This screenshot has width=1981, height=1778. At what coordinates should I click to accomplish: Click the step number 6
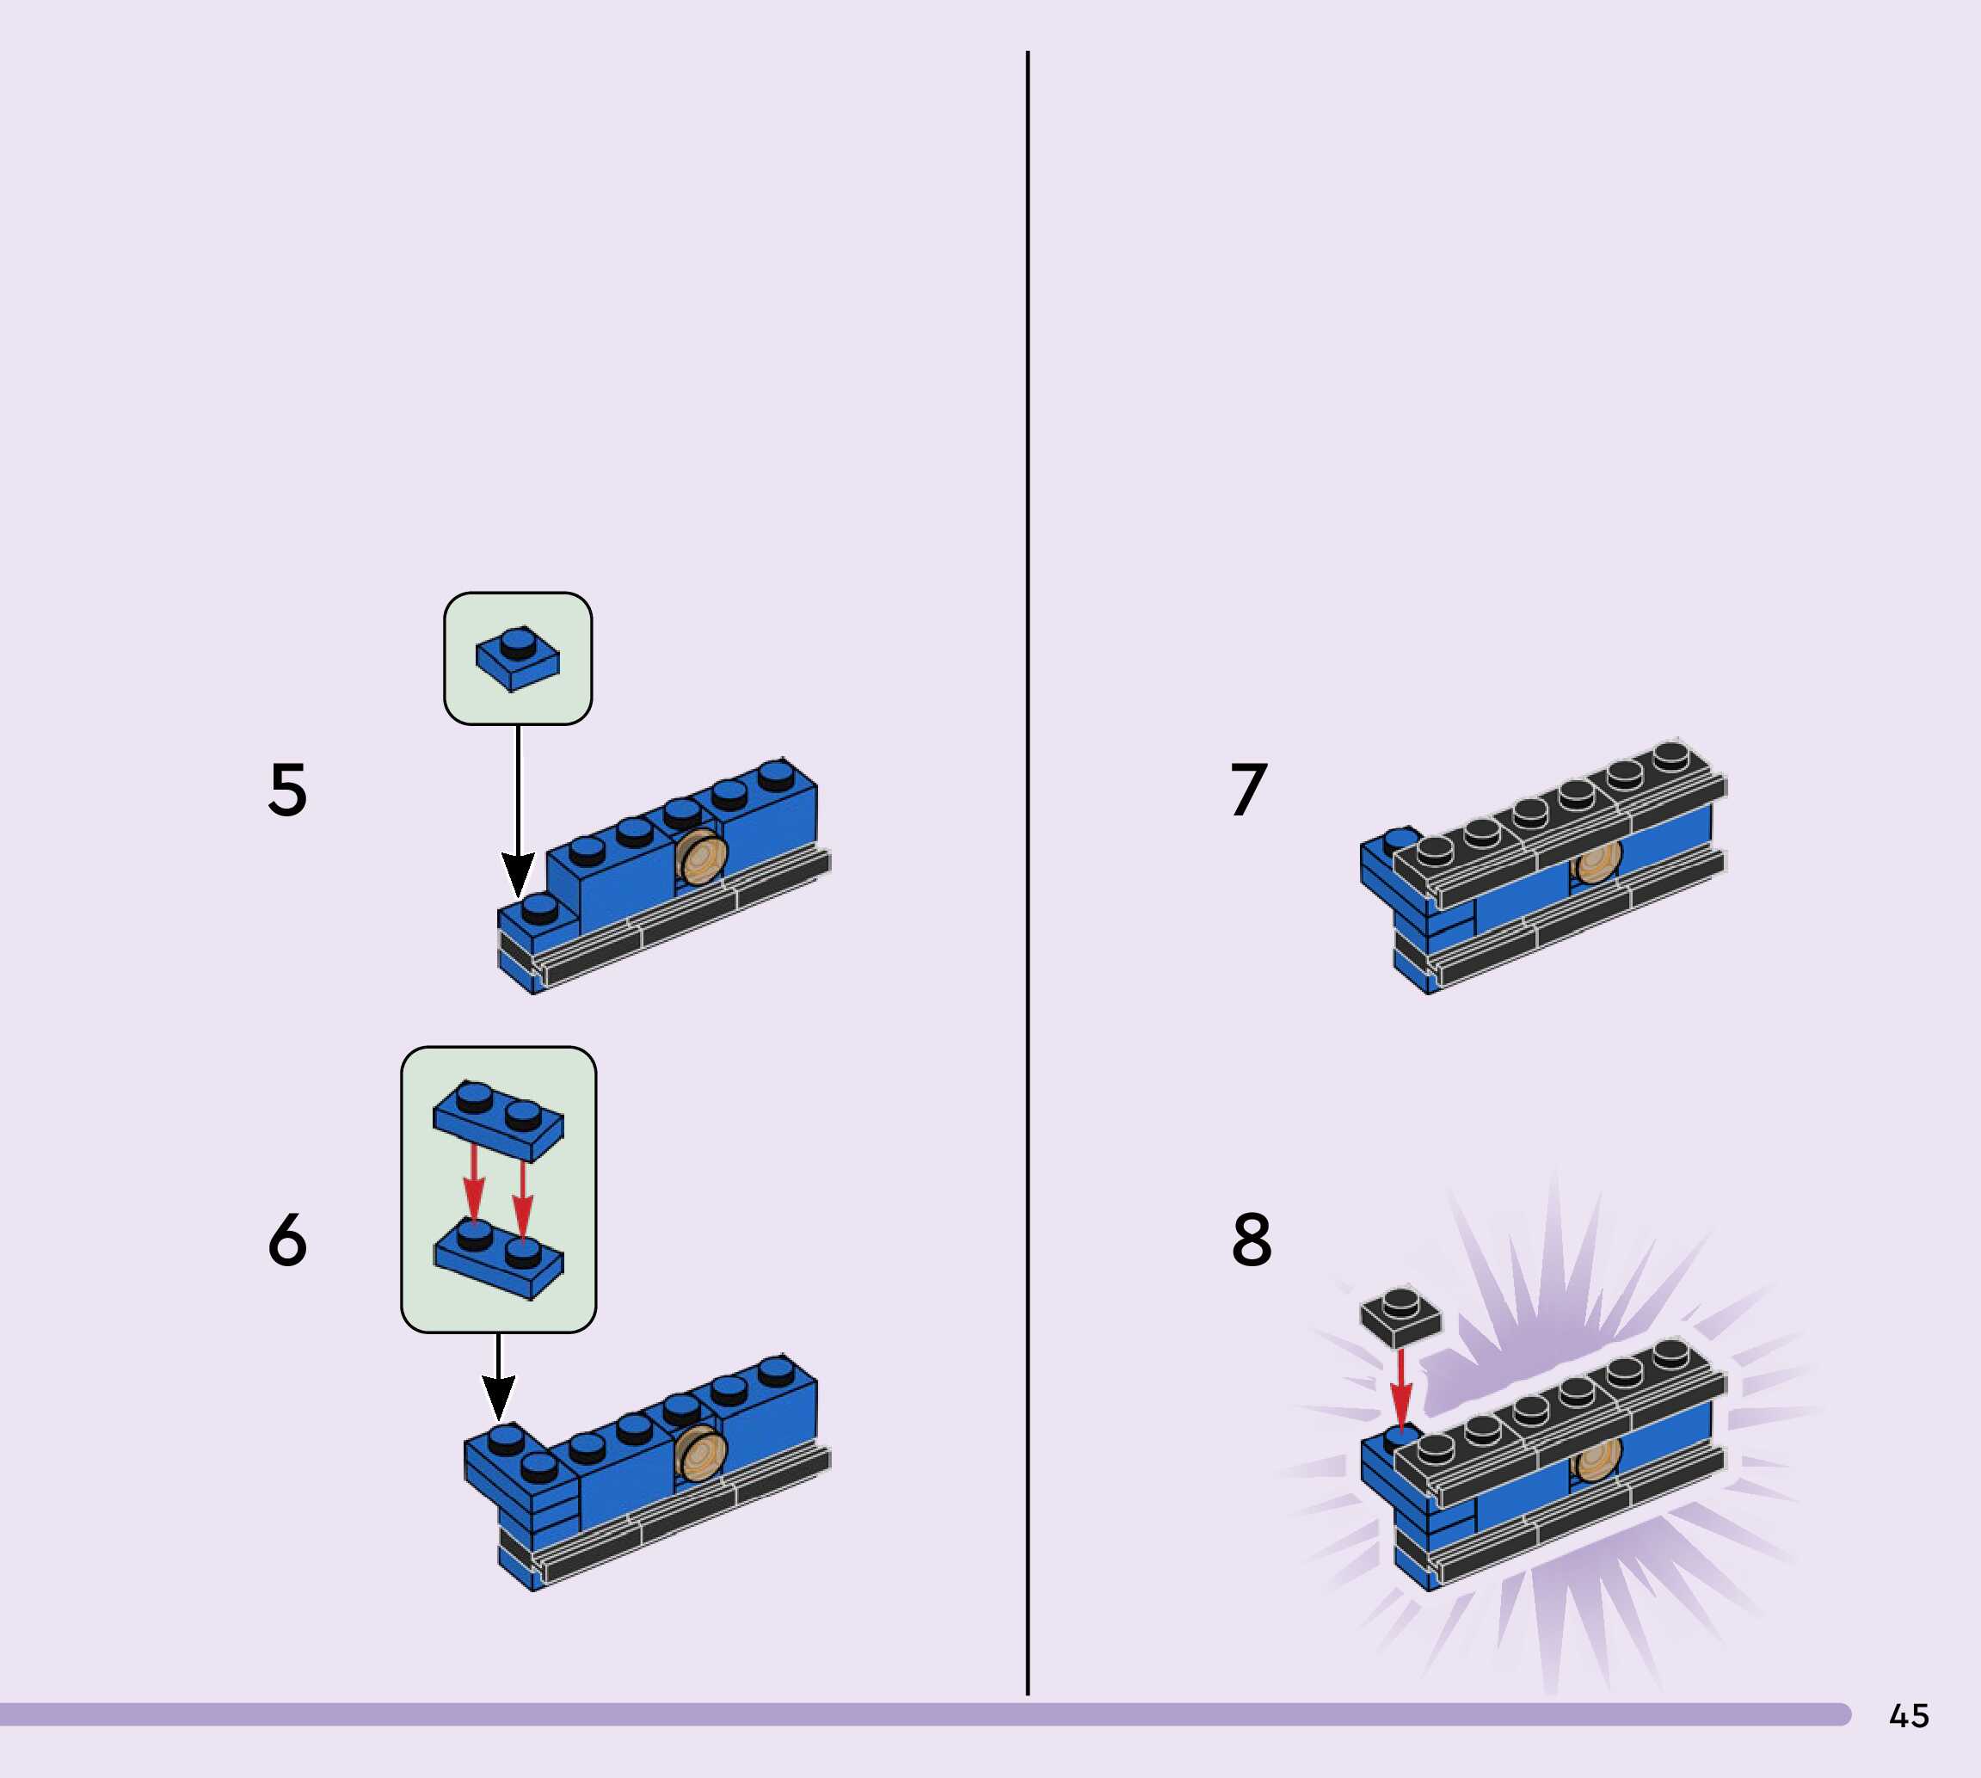[287, 1240]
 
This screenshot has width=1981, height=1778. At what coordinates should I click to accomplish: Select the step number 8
[1252, 1240]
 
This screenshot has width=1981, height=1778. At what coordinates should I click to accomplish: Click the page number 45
[1909, 1715]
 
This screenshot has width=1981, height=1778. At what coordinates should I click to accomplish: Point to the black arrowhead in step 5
[518, 871]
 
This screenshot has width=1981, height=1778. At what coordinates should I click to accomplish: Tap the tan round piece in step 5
[702, 858]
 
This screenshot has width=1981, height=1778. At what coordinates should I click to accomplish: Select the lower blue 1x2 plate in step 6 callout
[499, 1260]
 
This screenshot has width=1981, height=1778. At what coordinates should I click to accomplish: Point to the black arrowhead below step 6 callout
[498, 1396]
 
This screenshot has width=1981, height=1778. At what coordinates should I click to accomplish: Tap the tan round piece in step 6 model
[700, 1453]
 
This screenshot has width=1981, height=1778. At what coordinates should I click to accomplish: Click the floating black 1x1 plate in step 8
[1400, 1315]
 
